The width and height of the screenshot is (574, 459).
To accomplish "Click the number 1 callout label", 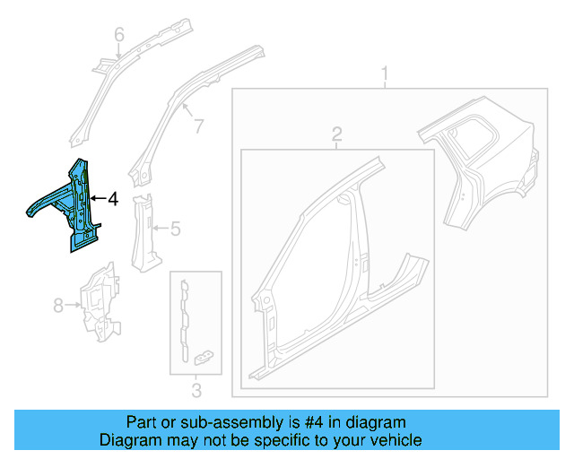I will [x=386, y=73].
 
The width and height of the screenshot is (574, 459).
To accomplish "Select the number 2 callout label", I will [x=337, y=134].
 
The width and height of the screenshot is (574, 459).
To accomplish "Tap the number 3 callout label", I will [x=196, y=389].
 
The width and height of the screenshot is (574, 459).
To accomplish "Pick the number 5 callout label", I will [x=176, y=229].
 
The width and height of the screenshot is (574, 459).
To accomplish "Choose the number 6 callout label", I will [x=117, y=35].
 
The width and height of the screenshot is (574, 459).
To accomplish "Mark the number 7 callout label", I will [x=198, y=126].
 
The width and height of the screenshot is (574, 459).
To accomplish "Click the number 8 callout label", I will [x=58, y=306].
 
